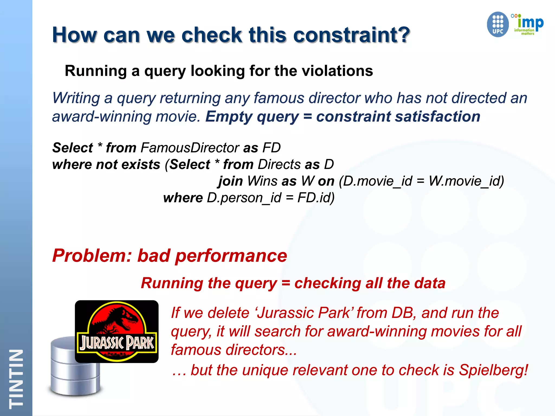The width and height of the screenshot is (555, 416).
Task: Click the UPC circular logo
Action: coord(498,24)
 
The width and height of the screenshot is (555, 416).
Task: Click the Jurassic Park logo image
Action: coord(117,331)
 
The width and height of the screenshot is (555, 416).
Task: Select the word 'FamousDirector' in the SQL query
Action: coord(190,148)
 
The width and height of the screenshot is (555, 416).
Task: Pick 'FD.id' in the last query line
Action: coord(316,198)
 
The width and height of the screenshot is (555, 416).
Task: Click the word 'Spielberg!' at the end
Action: coord(493,370)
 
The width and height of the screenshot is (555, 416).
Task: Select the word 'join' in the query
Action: coord(230,181)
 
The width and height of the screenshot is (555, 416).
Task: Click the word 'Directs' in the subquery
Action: coord(279,164)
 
